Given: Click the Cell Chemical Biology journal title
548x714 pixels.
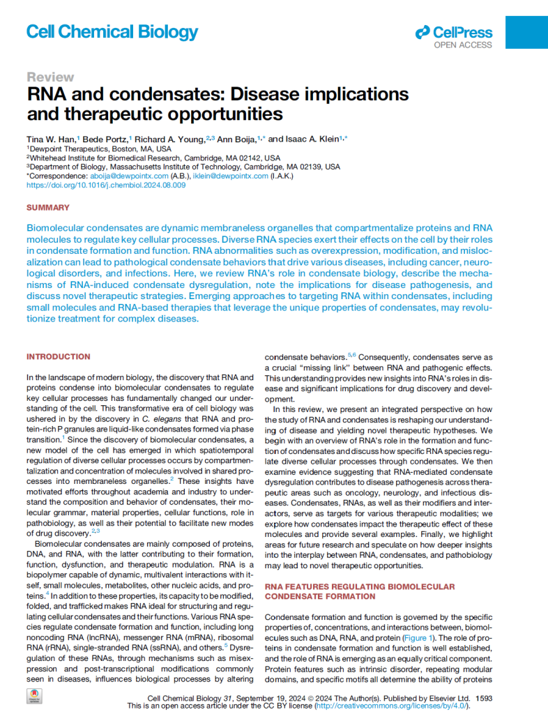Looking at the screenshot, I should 112,32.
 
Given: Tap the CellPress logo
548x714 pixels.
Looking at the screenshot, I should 454,33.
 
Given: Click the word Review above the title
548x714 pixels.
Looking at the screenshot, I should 50,77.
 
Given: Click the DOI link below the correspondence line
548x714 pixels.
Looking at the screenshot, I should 105,185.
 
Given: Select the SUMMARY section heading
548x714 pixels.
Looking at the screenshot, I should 48,208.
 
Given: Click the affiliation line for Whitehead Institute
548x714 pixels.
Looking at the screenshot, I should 153,158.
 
